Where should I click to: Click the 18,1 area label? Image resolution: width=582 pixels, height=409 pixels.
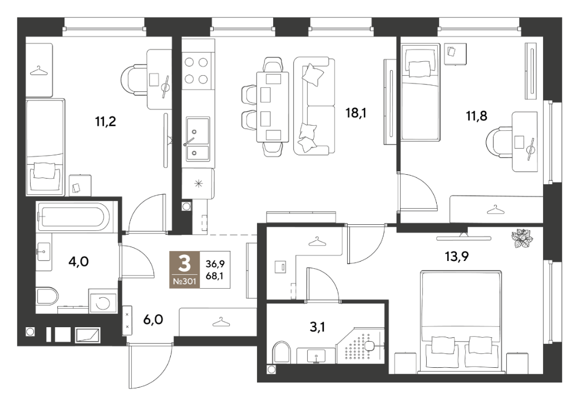point(356,112)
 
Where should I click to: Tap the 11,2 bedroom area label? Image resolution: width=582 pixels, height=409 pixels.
point(105,121)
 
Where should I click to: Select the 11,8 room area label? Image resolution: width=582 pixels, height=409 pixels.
point(476,116)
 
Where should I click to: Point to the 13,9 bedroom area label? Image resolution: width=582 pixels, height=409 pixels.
point(457,256)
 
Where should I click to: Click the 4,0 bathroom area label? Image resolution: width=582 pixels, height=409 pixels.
point(78,262)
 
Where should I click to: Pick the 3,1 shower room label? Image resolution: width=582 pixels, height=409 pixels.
point(317,327)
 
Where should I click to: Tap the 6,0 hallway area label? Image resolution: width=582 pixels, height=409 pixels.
point(154,319)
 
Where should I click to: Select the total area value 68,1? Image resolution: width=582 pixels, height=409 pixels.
point(215,276)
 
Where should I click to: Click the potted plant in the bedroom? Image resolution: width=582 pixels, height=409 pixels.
point(522,238)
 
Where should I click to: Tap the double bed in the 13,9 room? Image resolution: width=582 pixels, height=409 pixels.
point(461,322)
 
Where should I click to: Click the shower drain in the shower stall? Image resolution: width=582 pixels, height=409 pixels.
point(369,346)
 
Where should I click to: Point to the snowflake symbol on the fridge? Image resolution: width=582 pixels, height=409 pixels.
point(199,183)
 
